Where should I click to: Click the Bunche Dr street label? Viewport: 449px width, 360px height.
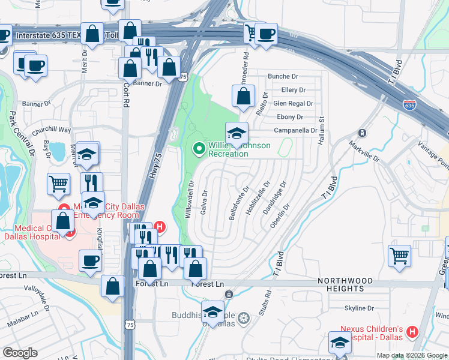pyautogui.click(x=283, y=77)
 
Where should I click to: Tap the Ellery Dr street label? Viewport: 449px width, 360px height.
pyautogui.click(x=293, y=90)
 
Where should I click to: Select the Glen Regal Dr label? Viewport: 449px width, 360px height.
pyautogui.click(x=293, y=103)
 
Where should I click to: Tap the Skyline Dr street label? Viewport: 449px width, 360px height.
pyautogui.click(x=360, y=308)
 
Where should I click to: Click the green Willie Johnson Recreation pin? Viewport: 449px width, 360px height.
pyautogui.click(x=199, y=148)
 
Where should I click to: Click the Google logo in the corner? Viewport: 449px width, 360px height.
pyautogui.click(x=20, y=353)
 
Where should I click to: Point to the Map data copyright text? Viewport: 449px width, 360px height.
pyautogui.click(x=411, y=355)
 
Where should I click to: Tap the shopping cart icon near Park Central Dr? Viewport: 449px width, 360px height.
pyautogui.click(x=58, y=183)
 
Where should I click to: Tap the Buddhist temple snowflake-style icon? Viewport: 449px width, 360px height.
pyautogui.click(x=243, y=317)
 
